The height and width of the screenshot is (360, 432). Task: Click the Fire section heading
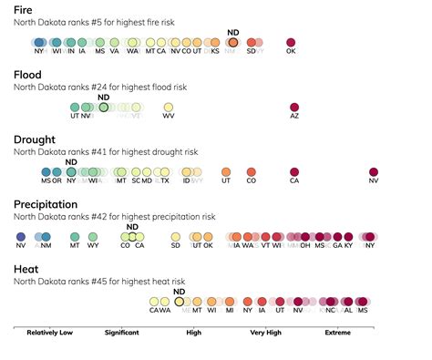click(26, 9)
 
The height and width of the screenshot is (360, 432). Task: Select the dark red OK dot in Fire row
click(292, 43)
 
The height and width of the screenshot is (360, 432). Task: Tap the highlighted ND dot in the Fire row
click(232, 43)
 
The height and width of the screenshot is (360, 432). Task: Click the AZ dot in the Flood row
click(294, 108)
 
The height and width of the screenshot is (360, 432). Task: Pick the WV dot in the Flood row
click(169, 108)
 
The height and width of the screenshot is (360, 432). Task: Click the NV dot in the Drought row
click(374, 171)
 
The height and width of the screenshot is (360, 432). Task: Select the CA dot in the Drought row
click(294, 171)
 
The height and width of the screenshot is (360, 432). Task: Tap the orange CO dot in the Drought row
click(252, 171)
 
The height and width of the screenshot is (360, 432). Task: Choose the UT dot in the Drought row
click(225, 171)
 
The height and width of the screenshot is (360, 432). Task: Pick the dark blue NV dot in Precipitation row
click(21, 236)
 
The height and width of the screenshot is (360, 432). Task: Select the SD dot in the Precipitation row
click(176, 236)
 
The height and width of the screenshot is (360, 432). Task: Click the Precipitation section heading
click(45, 204)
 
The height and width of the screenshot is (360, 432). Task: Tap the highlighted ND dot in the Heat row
click(180, 301)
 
